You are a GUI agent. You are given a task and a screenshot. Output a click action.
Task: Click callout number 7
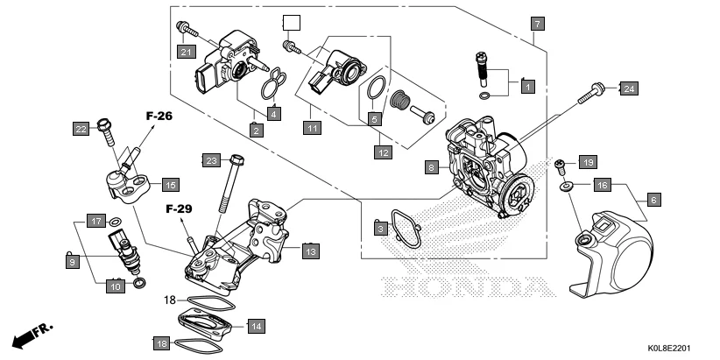536,24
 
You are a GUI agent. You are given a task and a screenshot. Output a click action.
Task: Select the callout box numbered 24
628,88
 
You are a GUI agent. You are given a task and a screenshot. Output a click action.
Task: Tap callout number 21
186,52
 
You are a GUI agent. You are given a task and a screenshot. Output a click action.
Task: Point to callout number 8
431,166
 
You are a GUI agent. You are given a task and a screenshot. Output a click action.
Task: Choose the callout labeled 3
380,229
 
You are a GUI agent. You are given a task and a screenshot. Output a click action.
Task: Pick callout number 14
255,326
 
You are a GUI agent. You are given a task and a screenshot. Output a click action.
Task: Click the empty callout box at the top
290,23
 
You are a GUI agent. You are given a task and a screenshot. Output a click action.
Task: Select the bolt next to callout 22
106,129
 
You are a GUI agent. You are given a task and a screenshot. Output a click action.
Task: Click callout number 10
116,285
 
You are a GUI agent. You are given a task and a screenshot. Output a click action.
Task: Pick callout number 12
382,152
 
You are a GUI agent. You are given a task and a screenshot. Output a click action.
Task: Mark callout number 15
169,185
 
